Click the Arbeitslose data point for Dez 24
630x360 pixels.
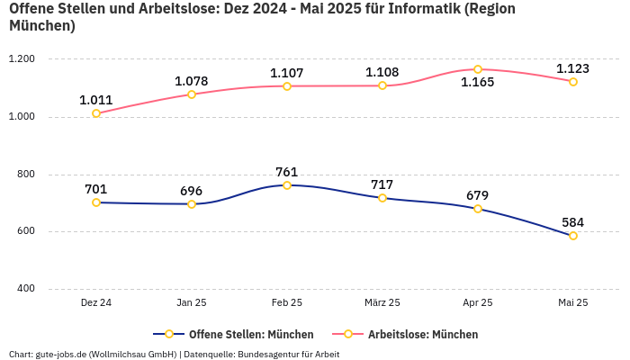point(96,113)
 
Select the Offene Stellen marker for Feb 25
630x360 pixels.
point(287,185)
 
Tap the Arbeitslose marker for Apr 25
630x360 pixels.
point(478,69)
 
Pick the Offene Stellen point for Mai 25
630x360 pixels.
point(573,236)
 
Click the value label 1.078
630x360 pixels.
point(191,81)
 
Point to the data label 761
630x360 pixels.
point(287,172)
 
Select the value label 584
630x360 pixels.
point(573,222)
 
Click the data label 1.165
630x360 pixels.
point(478,83)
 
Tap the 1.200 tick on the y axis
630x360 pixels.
point(21,59)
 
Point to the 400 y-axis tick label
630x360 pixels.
point(25,289)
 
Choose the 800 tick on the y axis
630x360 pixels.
point(25,175)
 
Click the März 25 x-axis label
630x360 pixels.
point(382,303)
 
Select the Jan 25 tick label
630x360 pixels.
point(192,303)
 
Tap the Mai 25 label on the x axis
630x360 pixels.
point(573,303)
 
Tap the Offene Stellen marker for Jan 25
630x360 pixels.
point(192,204)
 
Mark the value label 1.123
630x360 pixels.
point(573,68)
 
